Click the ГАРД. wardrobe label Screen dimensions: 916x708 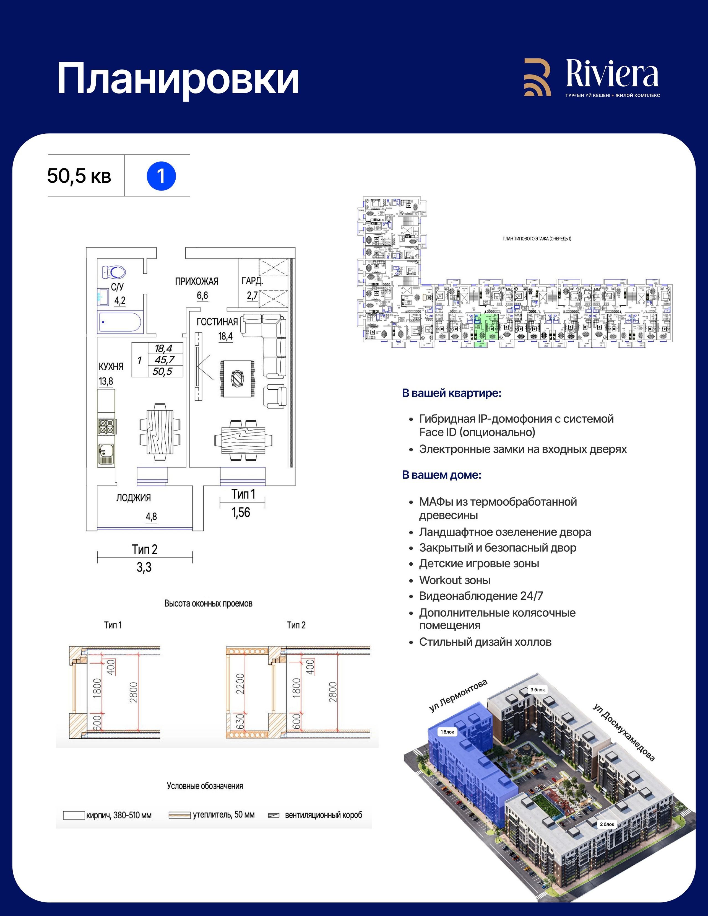point(252,281)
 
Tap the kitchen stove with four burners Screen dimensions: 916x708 point(106,426)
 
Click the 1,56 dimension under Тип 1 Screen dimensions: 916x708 point(241,512)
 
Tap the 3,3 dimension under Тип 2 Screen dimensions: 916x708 point(144,568)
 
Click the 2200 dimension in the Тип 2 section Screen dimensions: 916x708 point(240,684)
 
